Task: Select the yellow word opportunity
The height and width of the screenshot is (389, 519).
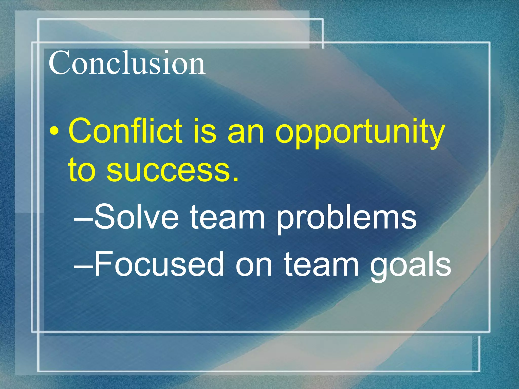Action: click(x=360, y=133)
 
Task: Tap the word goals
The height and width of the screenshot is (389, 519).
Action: click(x=411, y=266)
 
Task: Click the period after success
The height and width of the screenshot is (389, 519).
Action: click(x=236, y=179)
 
